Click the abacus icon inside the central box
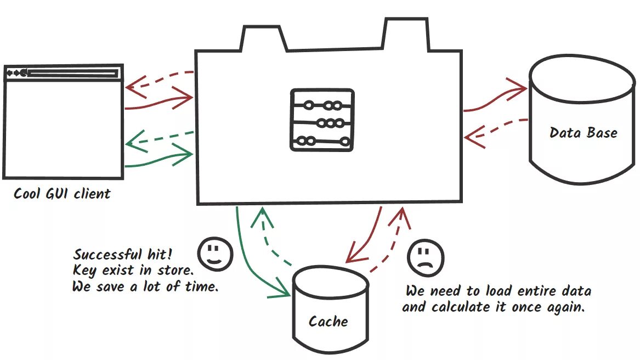[x=322, y=120]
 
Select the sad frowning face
[x=425, y=257]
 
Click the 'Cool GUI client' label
[x=62, y=194]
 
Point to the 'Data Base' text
[x=583, y=133]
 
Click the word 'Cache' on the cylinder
[x=328, y=322]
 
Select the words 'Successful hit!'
[x=122, y=255]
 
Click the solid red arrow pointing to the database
[x=494, y=98]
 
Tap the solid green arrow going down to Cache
[x=250, y=258]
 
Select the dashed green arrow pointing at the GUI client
[x=159, y=139]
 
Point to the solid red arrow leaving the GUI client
[x=159, y=102]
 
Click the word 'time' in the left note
[x=201, y=287]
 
